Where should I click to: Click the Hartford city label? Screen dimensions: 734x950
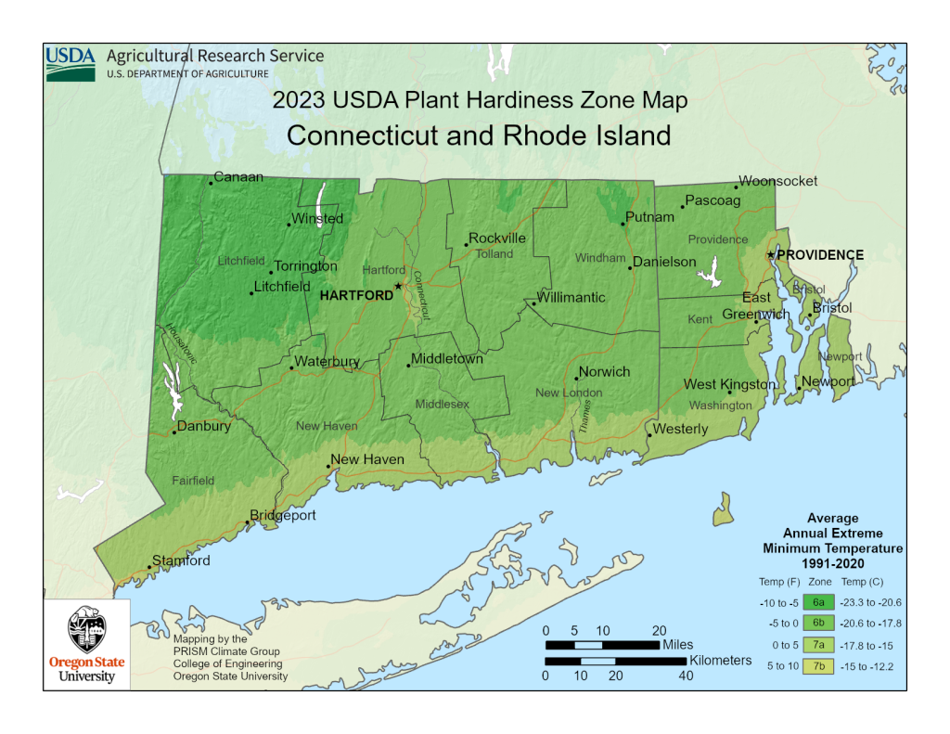(x=356, y=295)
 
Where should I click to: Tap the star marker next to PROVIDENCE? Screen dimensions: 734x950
(x=770, y=254)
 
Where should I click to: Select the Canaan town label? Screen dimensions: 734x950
(x=238, y=177)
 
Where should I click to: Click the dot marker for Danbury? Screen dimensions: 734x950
(x=174, y=431)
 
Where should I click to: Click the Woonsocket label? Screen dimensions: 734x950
(x=777, y=182)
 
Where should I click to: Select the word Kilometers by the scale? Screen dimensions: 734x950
(x=720, y=660)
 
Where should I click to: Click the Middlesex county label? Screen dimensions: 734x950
(x=442, y=405)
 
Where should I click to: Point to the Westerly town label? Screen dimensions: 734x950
(x=680, y=430)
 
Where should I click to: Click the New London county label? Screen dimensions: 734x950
(x=569, y=393)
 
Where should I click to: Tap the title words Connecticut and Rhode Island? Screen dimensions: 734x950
(x=479, y=135)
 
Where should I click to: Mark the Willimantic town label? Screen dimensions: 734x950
(x=571, y=298)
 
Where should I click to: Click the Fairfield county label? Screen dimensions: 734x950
(x=193, y=480)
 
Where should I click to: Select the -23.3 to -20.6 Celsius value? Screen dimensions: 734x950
(x=872, y=602)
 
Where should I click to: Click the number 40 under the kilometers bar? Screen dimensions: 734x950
(x=686, y=676)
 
